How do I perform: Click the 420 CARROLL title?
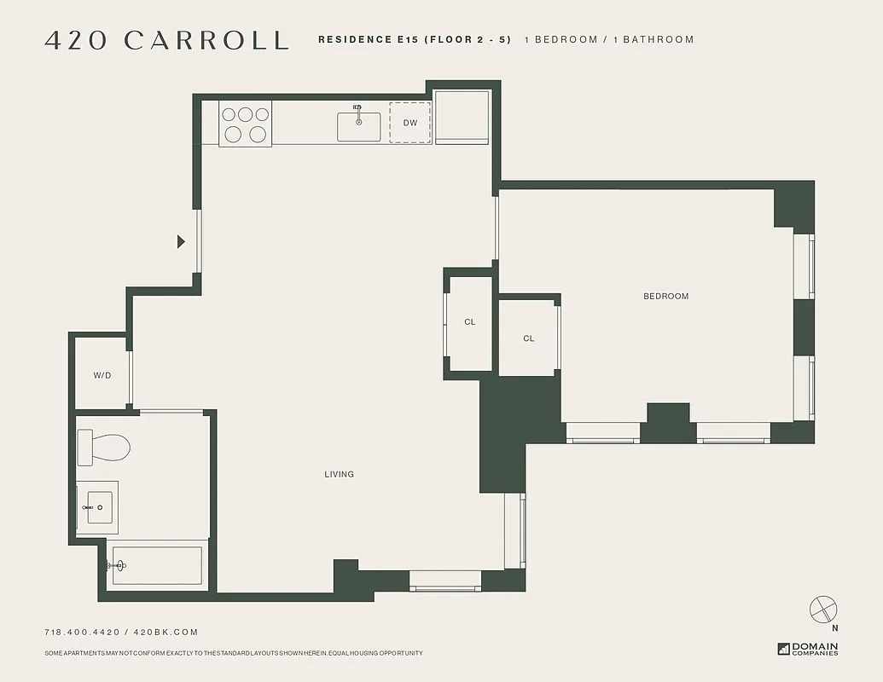[166, 40]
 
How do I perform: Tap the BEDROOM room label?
[665, 296]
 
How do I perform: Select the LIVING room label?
[339, 474]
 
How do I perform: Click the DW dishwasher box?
[410, 123]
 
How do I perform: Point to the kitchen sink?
[359, 124]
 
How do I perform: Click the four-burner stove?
[246, 124]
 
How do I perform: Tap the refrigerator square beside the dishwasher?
[462, 117]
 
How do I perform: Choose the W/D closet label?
[102, 375]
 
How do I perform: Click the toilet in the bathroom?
[102, 447]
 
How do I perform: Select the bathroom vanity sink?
[97, 507]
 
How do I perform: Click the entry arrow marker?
[181, 242]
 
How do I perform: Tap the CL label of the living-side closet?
[469, 322]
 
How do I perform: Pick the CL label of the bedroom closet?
[529, 338]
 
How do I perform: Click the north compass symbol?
[823, 610]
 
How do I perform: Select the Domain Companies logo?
[808, 649]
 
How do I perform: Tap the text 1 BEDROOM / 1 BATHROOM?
[608, 39]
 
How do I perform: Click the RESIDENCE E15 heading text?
[415, 39]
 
